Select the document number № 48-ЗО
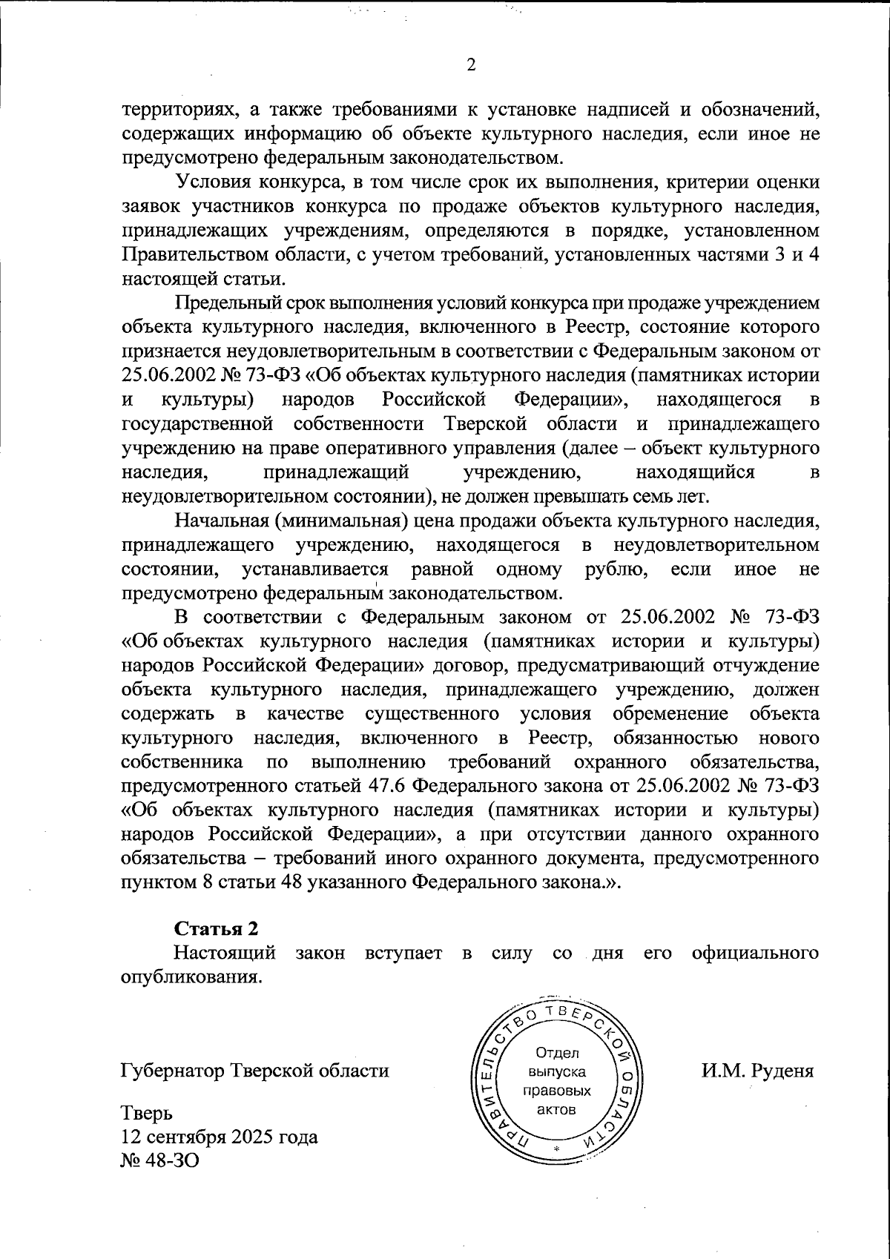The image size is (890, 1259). point(159,1160)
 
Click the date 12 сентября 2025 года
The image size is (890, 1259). point(219,1137)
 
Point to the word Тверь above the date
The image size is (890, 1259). point(146,1113)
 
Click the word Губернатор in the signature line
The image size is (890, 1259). point(173,1071)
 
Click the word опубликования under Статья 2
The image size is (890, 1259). point(191,977)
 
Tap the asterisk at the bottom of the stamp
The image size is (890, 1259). point(556,1150)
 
